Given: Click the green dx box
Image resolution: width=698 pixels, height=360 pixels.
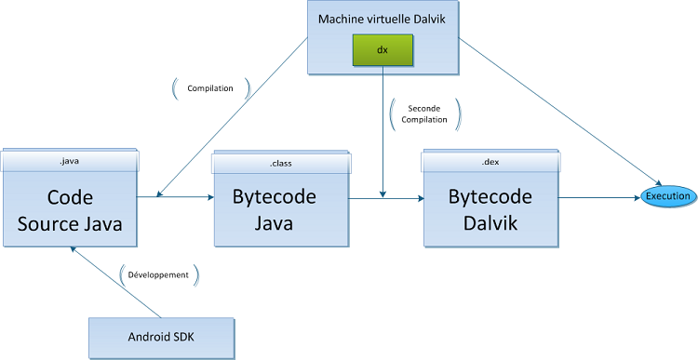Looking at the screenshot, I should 383,50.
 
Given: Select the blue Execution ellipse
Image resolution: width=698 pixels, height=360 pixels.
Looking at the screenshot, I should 668,196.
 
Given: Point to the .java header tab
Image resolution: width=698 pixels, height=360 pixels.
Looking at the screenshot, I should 69,161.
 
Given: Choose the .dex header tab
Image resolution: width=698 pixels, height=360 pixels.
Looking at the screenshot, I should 490,163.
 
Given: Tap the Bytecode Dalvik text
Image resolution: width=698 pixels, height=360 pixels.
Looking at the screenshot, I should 490,209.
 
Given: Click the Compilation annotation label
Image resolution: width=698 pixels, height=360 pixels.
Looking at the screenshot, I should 211,89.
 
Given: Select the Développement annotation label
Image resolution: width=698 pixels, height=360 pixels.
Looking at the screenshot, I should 158,275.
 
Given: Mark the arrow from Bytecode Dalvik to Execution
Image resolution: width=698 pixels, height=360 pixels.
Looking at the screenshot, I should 599,196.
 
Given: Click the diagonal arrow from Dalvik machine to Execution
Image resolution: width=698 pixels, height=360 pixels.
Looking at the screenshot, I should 558,116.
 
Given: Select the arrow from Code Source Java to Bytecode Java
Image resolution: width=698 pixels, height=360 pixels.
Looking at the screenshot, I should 176,196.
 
